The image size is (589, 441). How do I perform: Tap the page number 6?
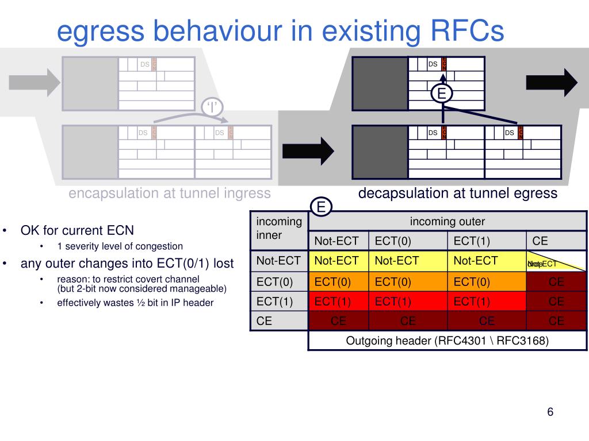[550, 412]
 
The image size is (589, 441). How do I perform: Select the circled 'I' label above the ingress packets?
[212, 106]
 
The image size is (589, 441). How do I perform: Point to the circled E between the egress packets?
[442, 94]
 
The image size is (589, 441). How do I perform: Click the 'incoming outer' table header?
[447, 222]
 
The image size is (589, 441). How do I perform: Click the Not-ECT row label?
[278, 261]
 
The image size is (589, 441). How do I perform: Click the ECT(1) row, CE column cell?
[556, 301]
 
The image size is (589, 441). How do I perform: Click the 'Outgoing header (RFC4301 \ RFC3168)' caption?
[447, 341]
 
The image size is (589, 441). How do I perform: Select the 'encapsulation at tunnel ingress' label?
[169, 193]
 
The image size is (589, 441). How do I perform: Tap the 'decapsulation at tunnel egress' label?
[457, 193]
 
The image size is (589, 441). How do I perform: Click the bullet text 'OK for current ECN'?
[77, 231]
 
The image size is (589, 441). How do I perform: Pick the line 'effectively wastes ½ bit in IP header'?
[135, 303]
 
